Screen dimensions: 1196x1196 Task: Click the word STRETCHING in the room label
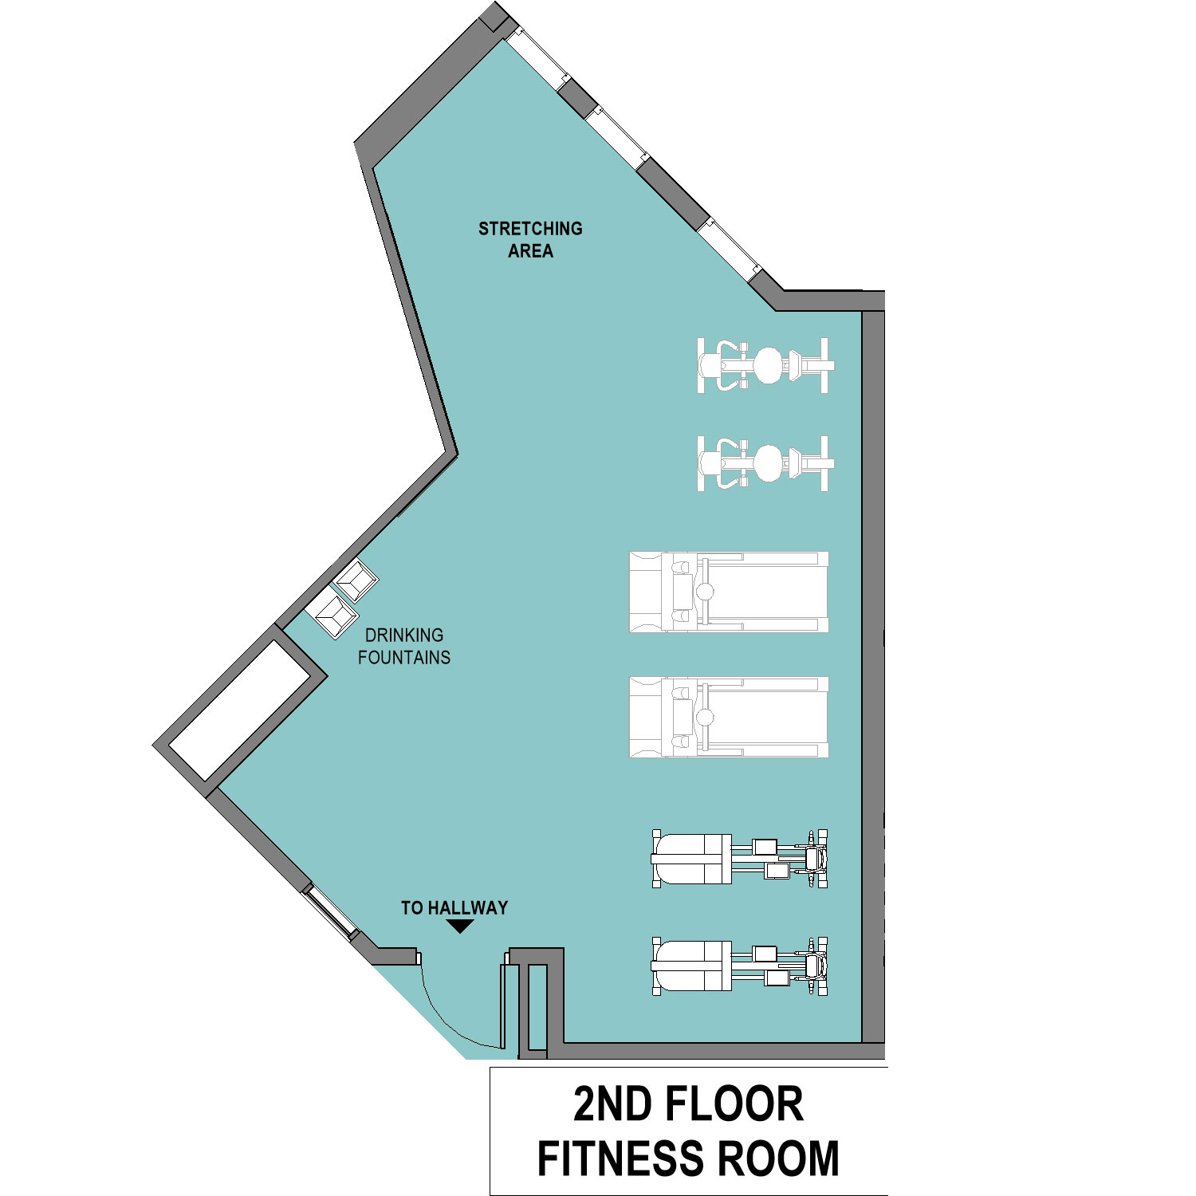tap(530, 229)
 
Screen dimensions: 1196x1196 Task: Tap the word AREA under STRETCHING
tap(530, 251)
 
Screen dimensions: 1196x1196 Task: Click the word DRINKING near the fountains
tap(404, 635)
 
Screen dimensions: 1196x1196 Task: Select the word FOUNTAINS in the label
tap(404, 658)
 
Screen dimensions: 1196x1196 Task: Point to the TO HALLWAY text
tap(454, 907)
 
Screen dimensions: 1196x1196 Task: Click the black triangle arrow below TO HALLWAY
tap(461, 926)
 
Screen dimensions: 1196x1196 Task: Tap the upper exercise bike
tap(765, 365)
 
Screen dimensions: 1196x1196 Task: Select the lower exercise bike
tap(765, 463)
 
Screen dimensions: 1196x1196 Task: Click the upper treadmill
tap(729, 592)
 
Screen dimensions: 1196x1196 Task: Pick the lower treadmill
tap(729, 717)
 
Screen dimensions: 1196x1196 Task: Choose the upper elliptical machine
tap(740, 859)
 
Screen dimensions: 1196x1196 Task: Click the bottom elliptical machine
tap(740, 966)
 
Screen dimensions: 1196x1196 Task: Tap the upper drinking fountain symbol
tap(356, 580)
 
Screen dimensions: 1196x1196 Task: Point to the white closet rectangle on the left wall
tap(239, 710)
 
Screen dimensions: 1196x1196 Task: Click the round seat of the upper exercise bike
tap(768, 365)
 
